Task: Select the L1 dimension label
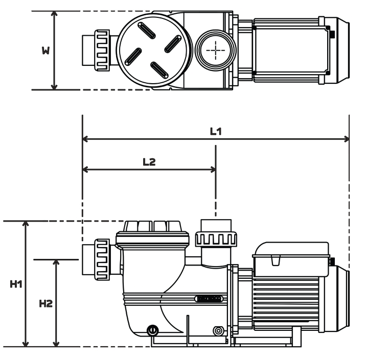pyautogui.click(x=216, y=131)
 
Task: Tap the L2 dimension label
pyautogui.click(x=149, y=162)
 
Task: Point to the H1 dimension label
pyautogui.click(x=16, y=284)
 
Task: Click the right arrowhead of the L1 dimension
pyautogui.click(x=347, y=139)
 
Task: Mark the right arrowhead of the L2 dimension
pyautogui.click(x=213, y=169)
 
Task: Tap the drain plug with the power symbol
pyautogui.click(x=152, y=330)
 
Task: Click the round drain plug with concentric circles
pyautogui.click(x=218, y=331)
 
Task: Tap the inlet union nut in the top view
pyautogui.click(x=102, y=51)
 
